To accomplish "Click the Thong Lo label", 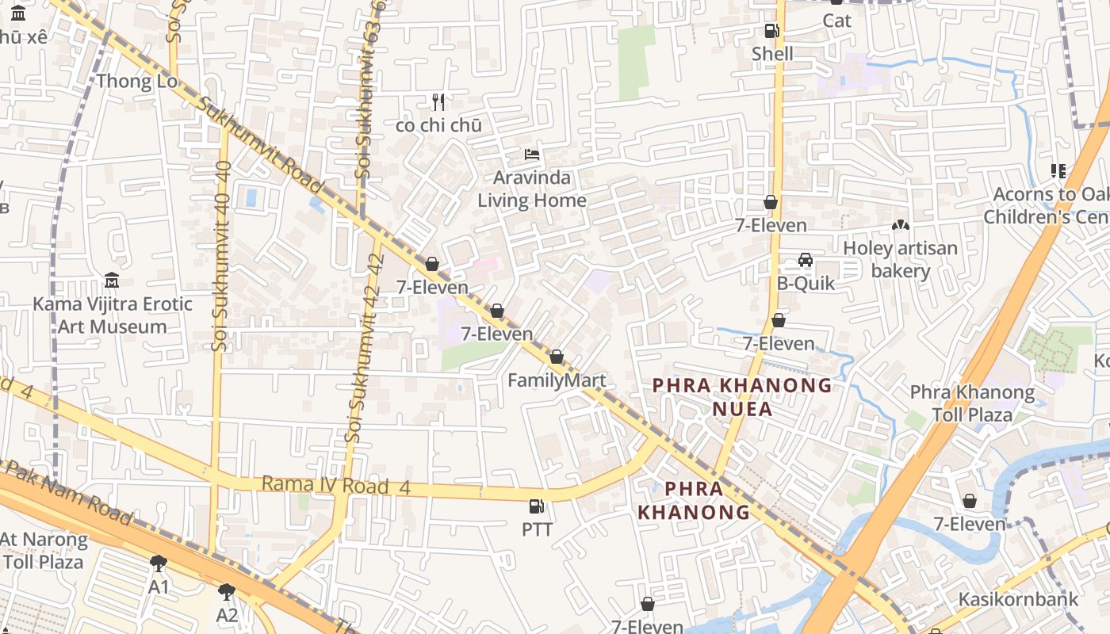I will click(x=136, y=81).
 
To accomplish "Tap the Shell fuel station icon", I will click(x=771, y=31).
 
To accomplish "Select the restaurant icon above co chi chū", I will click(x=438, y=101).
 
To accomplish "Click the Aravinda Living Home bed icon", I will click(x=532, y=154).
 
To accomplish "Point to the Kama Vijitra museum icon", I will click(x=112, y=281).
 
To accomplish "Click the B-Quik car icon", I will click(x=805, y=260).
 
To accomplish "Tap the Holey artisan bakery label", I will click(x=900, y=259).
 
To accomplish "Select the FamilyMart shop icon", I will click(x=557, y=357).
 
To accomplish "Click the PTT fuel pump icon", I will click(x=537, y=506).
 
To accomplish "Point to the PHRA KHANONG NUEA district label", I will click(x=742, y=397).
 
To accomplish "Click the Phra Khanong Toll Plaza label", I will click(x=972, y=403).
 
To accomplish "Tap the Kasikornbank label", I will click(x=1019, y=599).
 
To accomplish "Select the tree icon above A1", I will click(x=159, y=563).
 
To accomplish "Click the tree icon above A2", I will click(x=227, y=591).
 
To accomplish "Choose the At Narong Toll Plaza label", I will click(x=43, y=551).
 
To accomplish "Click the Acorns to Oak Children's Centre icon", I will click(x=1058, y=170).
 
